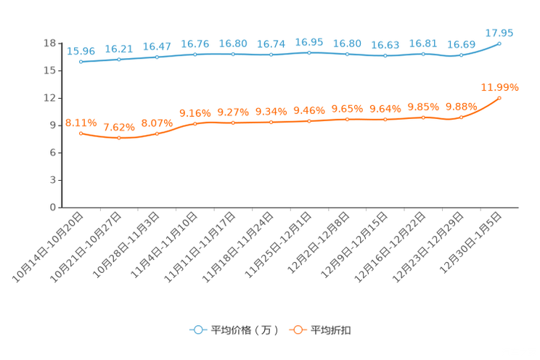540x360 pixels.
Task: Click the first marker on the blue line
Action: [x=81, y=62]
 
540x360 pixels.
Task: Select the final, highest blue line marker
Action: [x=499, y=44]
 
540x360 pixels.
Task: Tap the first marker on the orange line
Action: [x=81, y=134]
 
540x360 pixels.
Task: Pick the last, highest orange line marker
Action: [x=499, y=98]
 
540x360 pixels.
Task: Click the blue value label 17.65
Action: [x=499, y=33]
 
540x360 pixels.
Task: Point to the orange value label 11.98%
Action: [x=499, y=87]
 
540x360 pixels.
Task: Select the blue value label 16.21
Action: [x=118, y=49]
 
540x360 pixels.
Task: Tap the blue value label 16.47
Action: [x=157, y=46]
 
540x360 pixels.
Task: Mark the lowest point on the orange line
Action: [x=118, y=138]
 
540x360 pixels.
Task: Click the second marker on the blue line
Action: [x=118, y=60]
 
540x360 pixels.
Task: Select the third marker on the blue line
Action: [x=157, y=57]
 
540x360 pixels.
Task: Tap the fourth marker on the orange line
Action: [x=195, y=123]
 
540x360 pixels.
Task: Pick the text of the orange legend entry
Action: [x=332, y=330]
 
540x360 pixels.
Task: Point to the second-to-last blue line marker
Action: [x=461, y=55]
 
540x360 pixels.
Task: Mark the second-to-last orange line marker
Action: [x=461, y=117]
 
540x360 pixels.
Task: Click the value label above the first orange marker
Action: [x=81, y=123]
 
